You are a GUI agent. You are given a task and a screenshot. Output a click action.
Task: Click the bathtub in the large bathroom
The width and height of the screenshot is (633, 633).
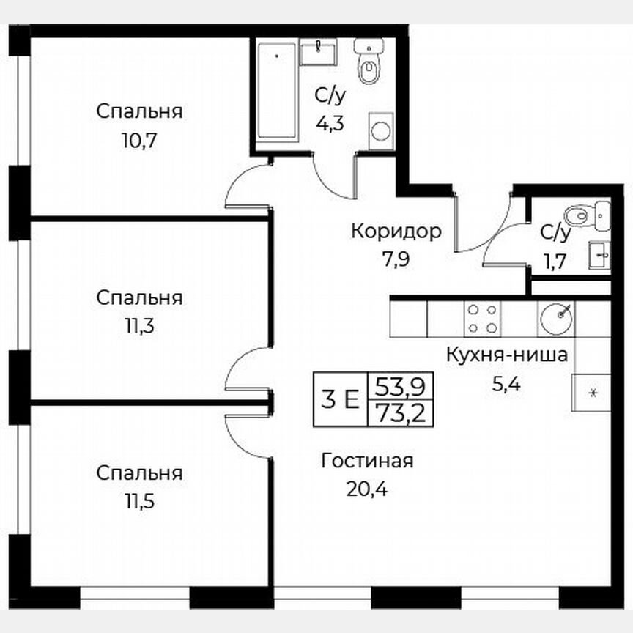click(x=278, y=92)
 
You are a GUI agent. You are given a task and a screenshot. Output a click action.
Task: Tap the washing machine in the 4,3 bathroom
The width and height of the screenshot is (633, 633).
click(x=380, y=130)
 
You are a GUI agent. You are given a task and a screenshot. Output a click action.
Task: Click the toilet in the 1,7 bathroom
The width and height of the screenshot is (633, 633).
click(x=586, y=214)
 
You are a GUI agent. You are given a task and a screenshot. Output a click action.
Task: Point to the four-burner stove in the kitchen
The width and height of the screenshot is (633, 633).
click(x=483, y=319)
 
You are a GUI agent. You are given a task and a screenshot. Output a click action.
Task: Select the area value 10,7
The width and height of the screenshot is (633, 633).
click(x=139, y=139)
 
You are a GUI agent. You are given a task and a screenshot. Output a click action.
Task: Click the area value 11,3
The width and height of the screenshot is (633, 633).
click(x=139, y=325)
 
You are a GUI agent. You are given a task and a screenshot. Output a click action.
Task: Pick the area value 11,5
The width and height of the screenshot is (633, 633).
click(x=139, y=501)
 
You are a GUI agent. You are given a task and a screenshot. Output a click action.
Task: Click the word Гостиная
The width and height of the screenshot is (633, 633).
click(x=368, y=461)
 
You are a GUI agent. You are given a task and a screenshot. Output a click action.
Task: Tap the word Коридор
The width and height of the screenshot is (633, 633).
click(x=396, y=232)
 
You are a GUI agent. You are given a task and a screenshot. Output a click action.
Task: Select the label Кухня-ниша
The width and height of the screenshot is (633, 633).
click(x=507, y=356)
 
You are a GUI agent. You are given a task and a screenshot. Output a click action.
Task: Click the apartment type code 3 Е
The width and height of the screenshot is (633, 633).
click(x=340, y=399)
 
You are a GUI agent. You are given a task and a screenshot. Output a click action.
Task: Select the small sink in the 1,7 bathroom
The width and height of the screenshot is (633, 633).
click(x=599, y=255)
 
